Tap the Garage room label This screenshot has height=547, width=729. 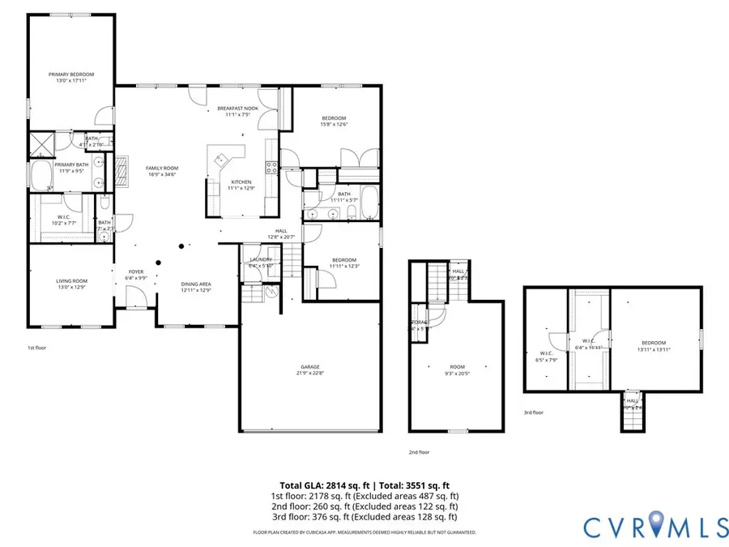pos(308,370)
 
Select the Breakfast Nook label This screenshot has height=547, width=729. pos(237,112)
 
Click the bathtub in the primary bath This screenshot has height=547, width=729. pos(40,173)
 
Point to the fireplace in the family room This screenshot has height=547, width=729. pos(120,172)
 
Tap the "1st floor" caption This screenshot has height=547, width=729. pos(37,347)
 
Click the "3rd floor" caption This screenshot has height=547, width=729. pos(533,412)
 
